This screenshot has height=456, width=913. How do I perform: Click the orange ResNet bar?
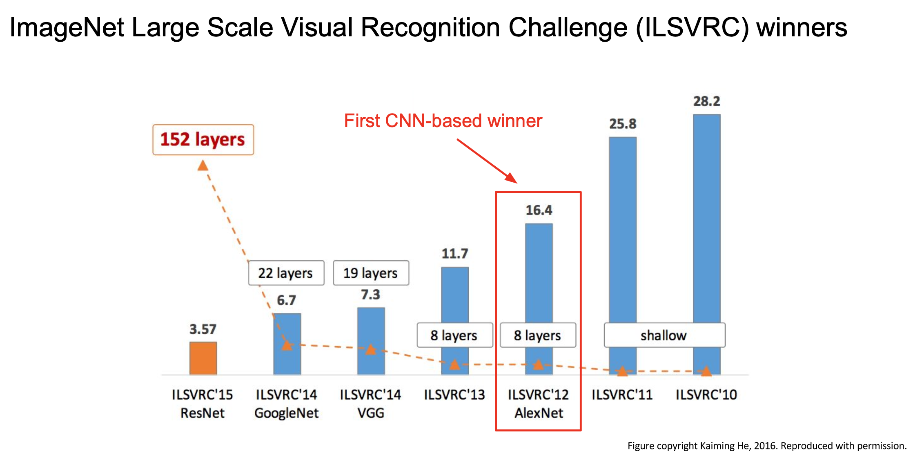point(203,358)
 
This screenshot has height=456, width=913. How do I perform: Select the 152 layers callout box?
point(203,140)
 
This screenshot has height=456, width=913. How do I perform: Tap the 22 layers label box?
point(286,273)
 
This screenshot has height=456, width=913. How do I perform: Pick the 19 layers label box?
point(371,273)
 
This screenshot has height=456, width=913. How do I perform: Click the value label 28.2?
point(706,101)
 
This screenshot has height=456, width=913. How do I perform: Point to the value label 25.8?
point(623,124)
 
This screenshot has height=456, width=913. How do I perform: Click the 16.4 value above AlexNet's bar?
point(539,210)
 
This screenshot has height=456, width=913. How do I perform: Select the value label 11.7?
point(455,254)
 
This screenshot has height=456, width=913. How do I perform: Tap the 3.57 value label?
point(203,329)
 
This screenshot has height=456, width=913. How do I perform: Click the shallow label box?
point(664,335)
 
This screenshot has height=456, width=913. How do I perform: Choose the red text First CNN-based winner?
point(443,121)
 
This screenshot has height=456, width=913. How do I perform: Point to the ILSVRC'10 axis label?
point(706,395)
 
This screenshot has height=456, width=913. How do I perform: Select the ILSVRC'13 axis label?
point(454,395)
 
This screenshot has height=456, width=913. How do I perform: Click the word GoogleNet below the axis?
point(286,413)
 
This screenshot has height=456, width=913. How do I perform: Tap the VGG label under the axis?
point(371,413)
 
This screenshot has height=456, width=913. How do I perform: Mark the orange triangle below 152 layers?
point(203,166)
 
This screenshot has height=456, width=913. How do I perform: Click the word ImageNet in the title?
point(67,28)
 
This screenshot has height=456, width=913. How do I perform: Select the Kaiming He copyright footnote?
point(766,446)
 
